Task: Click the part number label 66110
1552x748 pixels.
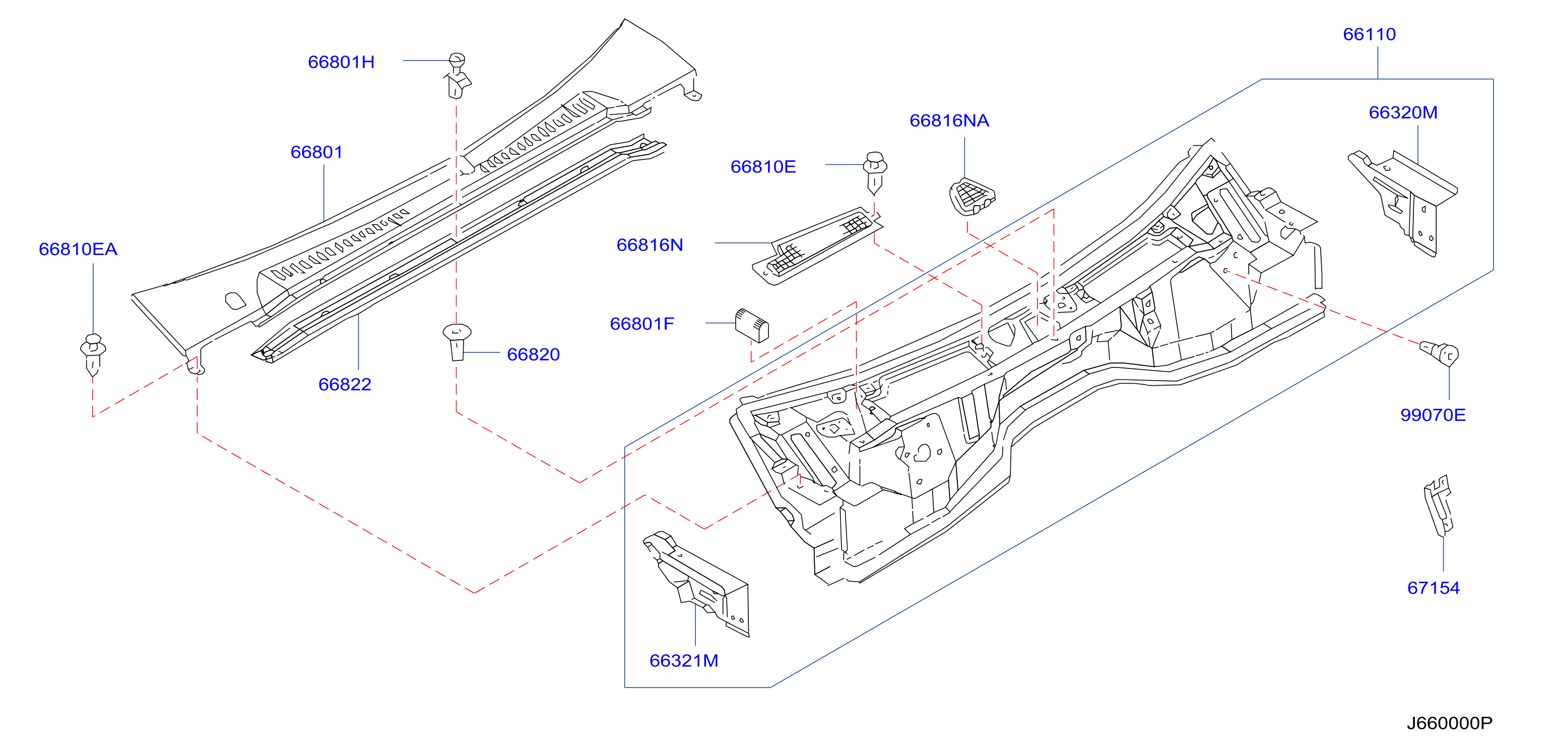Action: [1369, 34]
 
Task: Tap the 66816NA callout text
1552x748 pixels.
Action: [949, 121]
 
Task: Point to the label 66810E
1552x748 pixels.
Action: [763, 167]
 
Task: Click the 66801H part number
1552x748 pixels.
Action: [341, 62]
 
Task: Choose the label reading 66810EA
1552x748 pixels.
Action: [78, 250]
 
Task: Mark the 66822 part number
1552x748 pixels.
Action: [345, 385]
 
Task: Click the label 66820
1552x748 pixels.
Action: [533, 354]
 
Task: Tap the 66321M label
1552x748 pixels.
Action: [684, 661]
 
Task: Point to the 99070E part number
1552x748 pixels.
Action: [1433, 415]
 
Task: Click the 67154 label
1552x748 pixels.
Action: [1433, 588]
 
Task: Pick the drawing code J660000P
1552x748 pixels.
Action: [1450, 723]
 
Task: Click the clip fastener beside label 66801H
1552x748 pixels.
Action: [458, 76]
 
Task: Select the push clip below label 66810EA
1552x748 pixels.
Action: [93, 355]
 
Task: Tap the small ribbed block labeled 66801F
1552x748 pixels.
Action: [752, 326]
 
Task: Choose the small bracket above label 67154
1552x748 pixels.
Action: [1439, 506]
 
